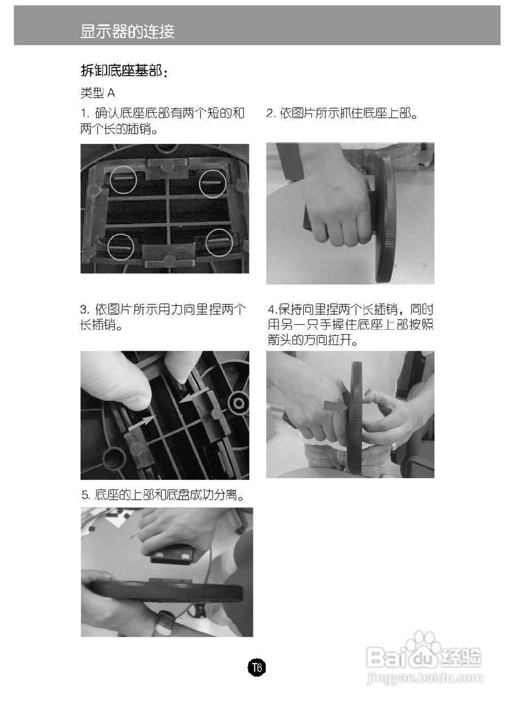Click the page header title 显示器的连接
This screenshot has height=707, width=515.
pos(128,31)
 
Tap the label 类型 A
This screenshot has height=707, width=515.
pos(98,93)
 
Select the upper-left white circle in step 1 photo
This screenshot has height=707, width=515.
pos(124,180)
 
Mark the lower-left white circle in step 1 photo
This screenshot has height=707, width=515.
pos(121,247)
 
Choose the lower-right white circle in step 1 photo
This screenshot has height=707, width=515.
pos(219,242)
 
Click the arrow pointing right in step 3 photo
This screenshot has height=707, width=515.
pos(142,423)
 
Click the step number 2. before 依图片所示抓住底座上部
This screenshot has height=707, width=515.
pos(271,113)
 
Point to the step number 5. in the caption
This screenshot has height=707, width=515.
pos(85,494)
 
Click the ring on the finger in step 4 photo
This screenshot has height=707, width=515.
pos(394,447)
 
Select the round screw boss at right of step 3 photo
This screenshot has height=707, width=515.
pos(238,403)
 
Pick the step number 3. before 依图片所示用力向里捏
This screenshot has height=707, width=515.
pos(85,309)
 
